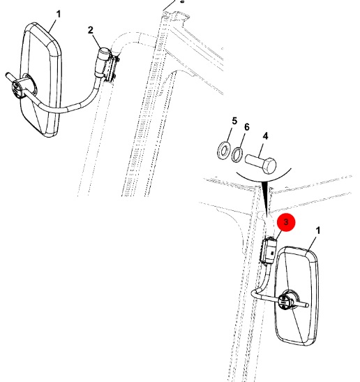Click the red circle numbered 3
click(286, 222)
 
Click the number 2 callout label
click(91, 31)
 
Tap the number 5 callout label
click(234, 121)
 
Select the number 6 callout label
click(247, 127)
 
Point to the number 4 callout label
click(265, 136)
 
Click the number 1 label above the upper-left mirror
click(59, 14)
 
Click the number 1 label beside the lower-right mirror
click(317, 230)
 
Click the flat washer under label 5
click(223, 151)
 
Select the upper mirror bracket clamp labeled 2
click(108, 65)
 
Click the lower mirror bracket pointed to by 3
click(269, 251)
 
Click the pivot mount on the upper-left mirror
click(22, 87)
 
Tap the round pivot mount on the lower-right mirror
click(287, 300)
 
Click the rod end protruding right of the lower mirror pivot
click(303, 304)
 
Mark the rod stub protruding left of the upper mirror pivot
click(10, 77)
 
